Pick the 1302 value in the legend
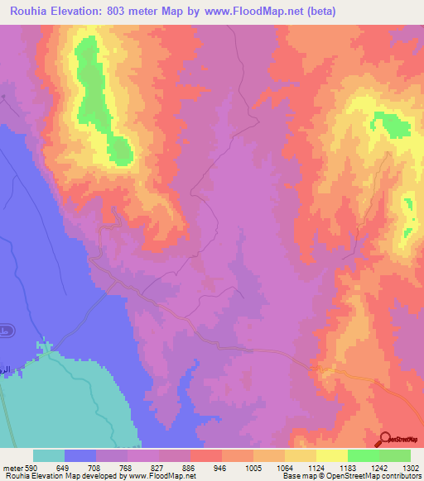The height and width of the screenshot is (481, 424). tap(411, 467)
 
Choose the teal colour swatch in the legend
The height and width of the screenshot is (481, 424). tap(49, 455)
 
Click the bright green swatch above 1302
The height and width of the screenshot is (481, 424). tap(395, 455)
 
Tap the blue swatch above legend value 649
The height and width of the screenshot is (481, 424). tap(80, 455)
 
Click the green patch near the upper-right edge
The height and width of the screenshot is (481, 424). tap(391, 124)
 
